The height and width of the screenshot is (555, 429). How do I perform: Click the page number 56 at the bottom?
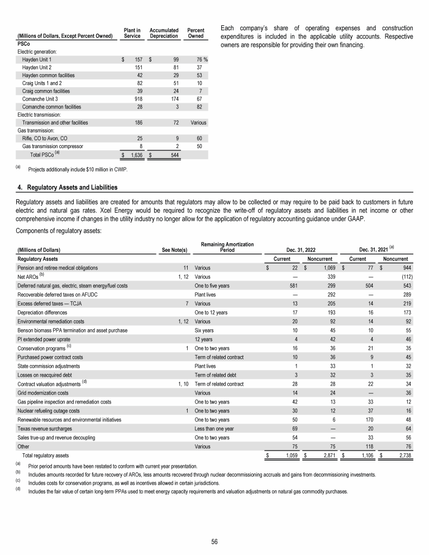tap(214, 541)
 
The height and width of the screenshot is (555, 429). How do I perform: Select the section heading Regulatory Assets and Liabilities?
tap(67, 187)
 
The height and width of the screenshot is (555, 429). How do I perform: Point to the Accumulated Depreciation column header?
tap(164, 32)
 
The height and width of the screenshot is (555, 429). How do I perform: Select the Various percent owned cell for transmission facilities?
tap(198, 122)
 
